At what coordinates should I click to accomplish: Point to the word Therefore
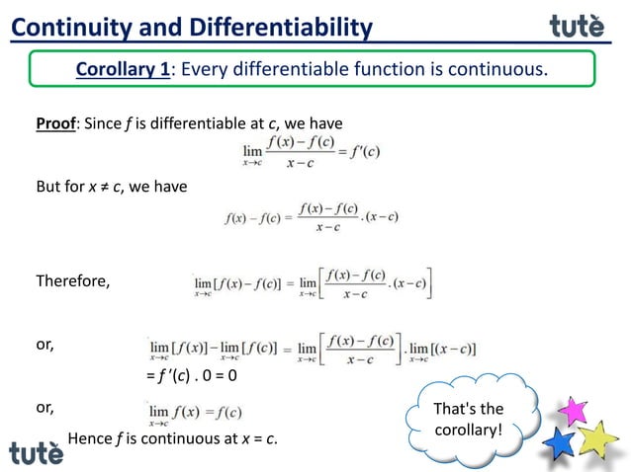(73, 281)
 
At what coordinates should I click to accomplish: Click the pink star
(573, 408)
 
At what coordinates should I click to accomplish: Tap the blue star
(561, 441)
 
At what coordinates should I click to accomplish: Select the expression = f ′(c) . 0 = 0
(191, 376)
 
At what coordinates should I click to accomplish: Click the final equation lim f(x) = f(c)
(195, 411)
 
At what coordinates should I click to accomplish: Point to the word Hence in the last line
(89, 438)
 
